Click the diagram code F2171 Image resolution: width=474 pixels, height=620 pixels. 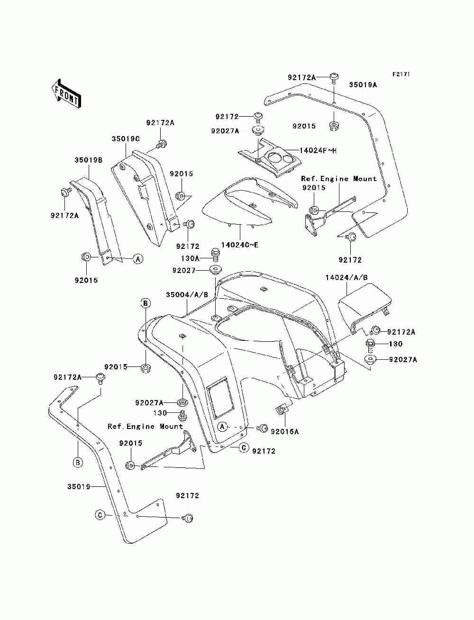401,74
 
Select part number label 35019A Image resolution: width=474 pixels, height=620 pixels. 363,85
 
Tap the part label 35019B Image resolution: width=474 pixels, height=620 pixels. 89,160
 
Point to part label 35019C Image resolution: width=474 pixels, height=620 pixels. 126,139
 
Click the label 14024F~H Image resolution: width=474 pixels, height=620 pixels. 318,151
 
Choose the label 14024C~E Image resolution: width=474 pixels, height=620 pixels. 239,245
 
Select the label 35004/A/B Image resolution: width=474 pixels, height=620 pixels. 187,295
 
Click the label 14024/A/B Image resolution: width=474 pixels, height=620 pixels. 346,278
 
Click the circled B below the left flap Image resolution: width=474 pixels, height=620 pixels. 78,462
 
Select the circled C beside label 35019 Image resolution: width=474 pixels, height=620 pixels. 100,515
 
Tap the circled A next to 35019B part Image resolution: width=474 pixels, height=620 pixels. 138,258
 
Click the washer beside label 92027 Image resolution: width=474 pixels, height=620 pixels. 216,270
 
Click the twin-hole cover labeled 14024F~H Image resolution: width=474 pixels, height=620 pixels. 270,158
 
